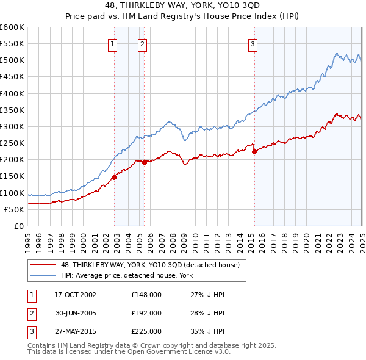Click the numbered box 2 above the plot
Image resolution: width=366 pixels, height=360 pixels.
coord(142,43)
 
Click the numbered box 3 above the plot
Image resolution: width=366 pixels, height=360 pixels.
coord(253,43)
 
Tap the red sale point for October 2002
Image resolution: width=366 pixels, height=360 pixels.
coord(114,177)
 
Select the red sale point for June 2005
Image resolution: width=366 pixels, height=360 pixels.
coord(145,162)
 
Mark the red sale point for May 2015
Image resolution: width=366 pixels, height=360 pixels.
coord(254,152)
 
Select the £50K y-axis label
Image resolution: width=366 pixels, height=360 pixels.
coord(14,209)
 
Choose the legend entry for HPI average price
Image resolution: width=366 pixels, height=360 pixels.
coord(126,275)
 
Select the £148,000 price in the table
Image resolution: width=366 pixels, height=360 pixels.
coord(146,295)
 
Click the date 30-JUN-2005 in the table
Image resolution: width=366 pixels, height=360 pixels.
coord(76,312)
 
